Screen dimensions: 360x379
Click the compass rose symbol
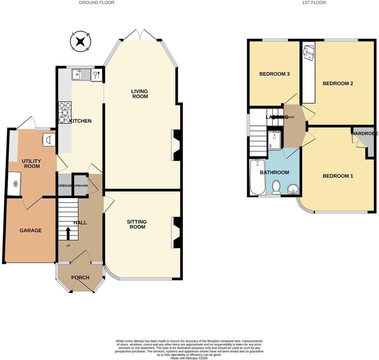(x=80, y=42)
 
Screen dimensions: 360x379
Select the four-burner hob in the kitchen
(x=65, y=113)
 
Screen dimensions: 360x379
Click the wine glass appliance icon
(x=96, y=75)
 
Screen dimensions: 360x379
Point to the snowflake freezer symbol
(x=15, y=184)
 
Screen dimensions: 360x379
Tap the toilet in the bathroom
(x=276, y=187)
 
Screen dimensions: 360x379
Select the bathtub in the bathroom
(x=257, y=177)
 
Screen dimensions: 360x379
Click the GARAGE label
(x=31, y=230)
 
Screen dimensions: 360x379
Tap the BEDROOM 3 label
(x=274, y=74)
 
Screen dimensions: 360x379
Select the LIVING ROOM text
(x=139, y=94)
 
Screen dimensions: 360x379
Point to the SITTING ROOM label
(x=137, y=224)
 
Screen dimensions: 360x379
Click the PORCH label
(x=80, y=278)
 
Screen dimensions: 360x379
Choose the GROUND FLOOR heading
(x=96, y=2)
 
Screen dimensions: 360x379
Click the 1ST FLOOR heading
(x=314, y=2)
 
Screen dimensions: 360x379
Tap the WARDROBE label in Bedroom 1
(x=364, y=134)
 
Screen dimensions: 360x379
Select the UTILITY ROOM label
(x=31, y=164)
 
